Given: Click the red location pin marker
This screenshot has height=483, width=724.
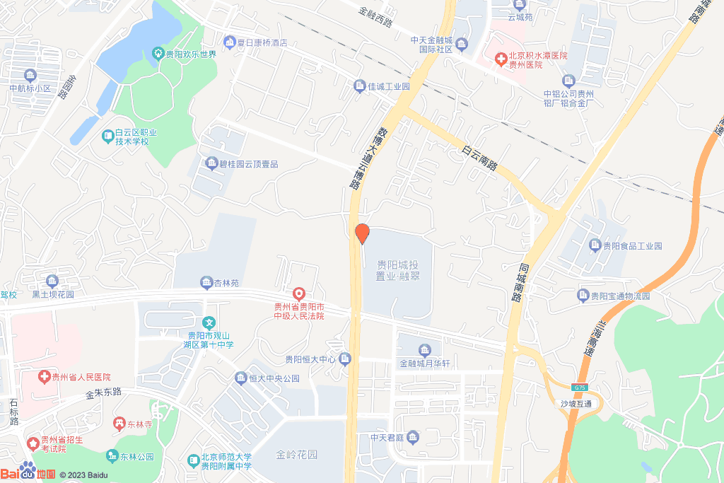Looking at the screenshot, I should pos(362,233).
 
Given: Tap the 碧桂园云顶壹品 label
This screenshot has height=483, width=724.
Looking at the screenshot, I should pos(248,164).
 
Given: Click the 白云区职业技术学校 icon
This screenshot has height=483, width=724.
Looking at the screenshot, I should pos(107,134).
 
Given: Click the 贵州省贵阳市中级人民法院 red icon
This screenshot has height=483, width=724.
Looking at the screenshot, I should pos(299,293).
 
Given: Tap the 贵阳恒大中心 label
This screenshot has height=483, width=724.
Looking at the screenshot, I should pos(310,359).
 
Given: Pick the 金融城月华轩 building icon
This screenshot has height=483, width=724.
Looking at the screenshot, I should pos(424,351).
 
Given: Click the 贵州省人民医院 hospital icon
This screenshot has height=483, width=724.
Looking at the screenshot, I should pos(45,377).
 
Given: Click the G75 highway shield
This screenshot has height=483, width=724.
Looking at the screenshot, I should pos(580,388).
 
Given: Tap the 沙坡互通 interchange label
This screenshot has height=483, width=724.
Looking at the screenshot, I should pos(576,404).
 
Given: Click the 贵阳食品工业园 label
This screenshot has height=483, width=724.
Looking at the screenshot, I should pos(632,246).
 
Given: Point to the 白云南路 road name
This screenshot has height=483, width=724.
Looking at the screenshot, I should pos(479,160).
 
